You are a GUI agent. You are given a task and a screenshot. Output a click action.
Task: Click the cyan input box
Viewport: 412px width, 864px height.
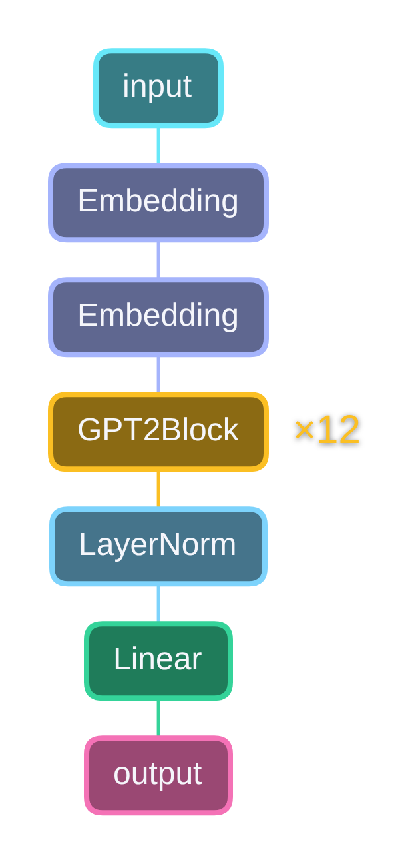[158, 87]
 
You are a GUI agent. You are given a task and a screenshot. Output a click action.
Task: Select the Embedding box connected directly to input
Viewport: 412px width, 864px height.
[158, 202]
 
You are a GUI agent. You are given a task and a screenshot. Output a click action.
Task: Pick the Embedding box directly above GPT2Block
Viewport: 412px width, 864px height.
[158, 316]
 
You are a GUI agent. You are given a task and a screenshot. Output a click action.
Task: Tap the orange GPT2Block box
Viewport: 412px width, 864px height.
[158, 431]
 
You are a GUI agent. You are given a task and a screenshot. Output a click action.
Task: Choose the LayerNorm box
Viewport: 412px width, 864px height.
[158, 546]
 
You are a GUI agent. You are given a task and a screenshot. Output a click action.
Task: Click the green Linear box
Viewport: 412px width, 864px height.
[158, 660]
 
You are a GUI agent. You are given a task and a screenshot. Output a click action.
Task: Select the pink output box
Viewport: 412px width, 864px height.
[158, 775]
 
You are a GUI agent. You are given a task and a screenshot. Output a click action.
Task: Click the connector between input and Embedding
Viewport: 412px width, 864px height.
[158, 145]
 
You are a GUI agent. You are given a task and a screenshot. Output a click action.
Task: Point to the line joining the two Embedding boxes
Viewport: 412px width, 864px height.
[158, 260]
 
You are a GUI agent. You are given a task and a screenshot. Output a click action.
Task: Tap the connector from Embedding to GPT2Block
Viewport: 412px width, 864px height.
[158, 374]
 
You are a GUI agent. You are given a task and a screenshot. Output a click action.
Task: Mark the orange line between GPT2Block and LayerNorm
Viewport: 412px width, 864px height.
[158, 489]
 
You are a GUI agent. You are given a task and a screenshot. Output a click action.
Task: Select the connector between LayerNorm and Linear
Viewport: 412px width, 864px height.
[158, 604]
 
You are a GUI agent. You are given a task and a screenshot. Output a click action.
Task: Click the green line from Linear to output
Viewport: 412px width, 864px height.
[158, 718]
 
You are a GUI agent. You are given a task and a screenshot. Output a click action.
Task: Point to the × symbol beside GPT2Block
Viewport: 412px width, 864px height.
[304, 431]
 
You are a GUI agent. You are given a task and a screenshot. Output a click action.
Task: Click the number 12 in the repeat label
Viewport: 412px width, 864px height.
[338, 430]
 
